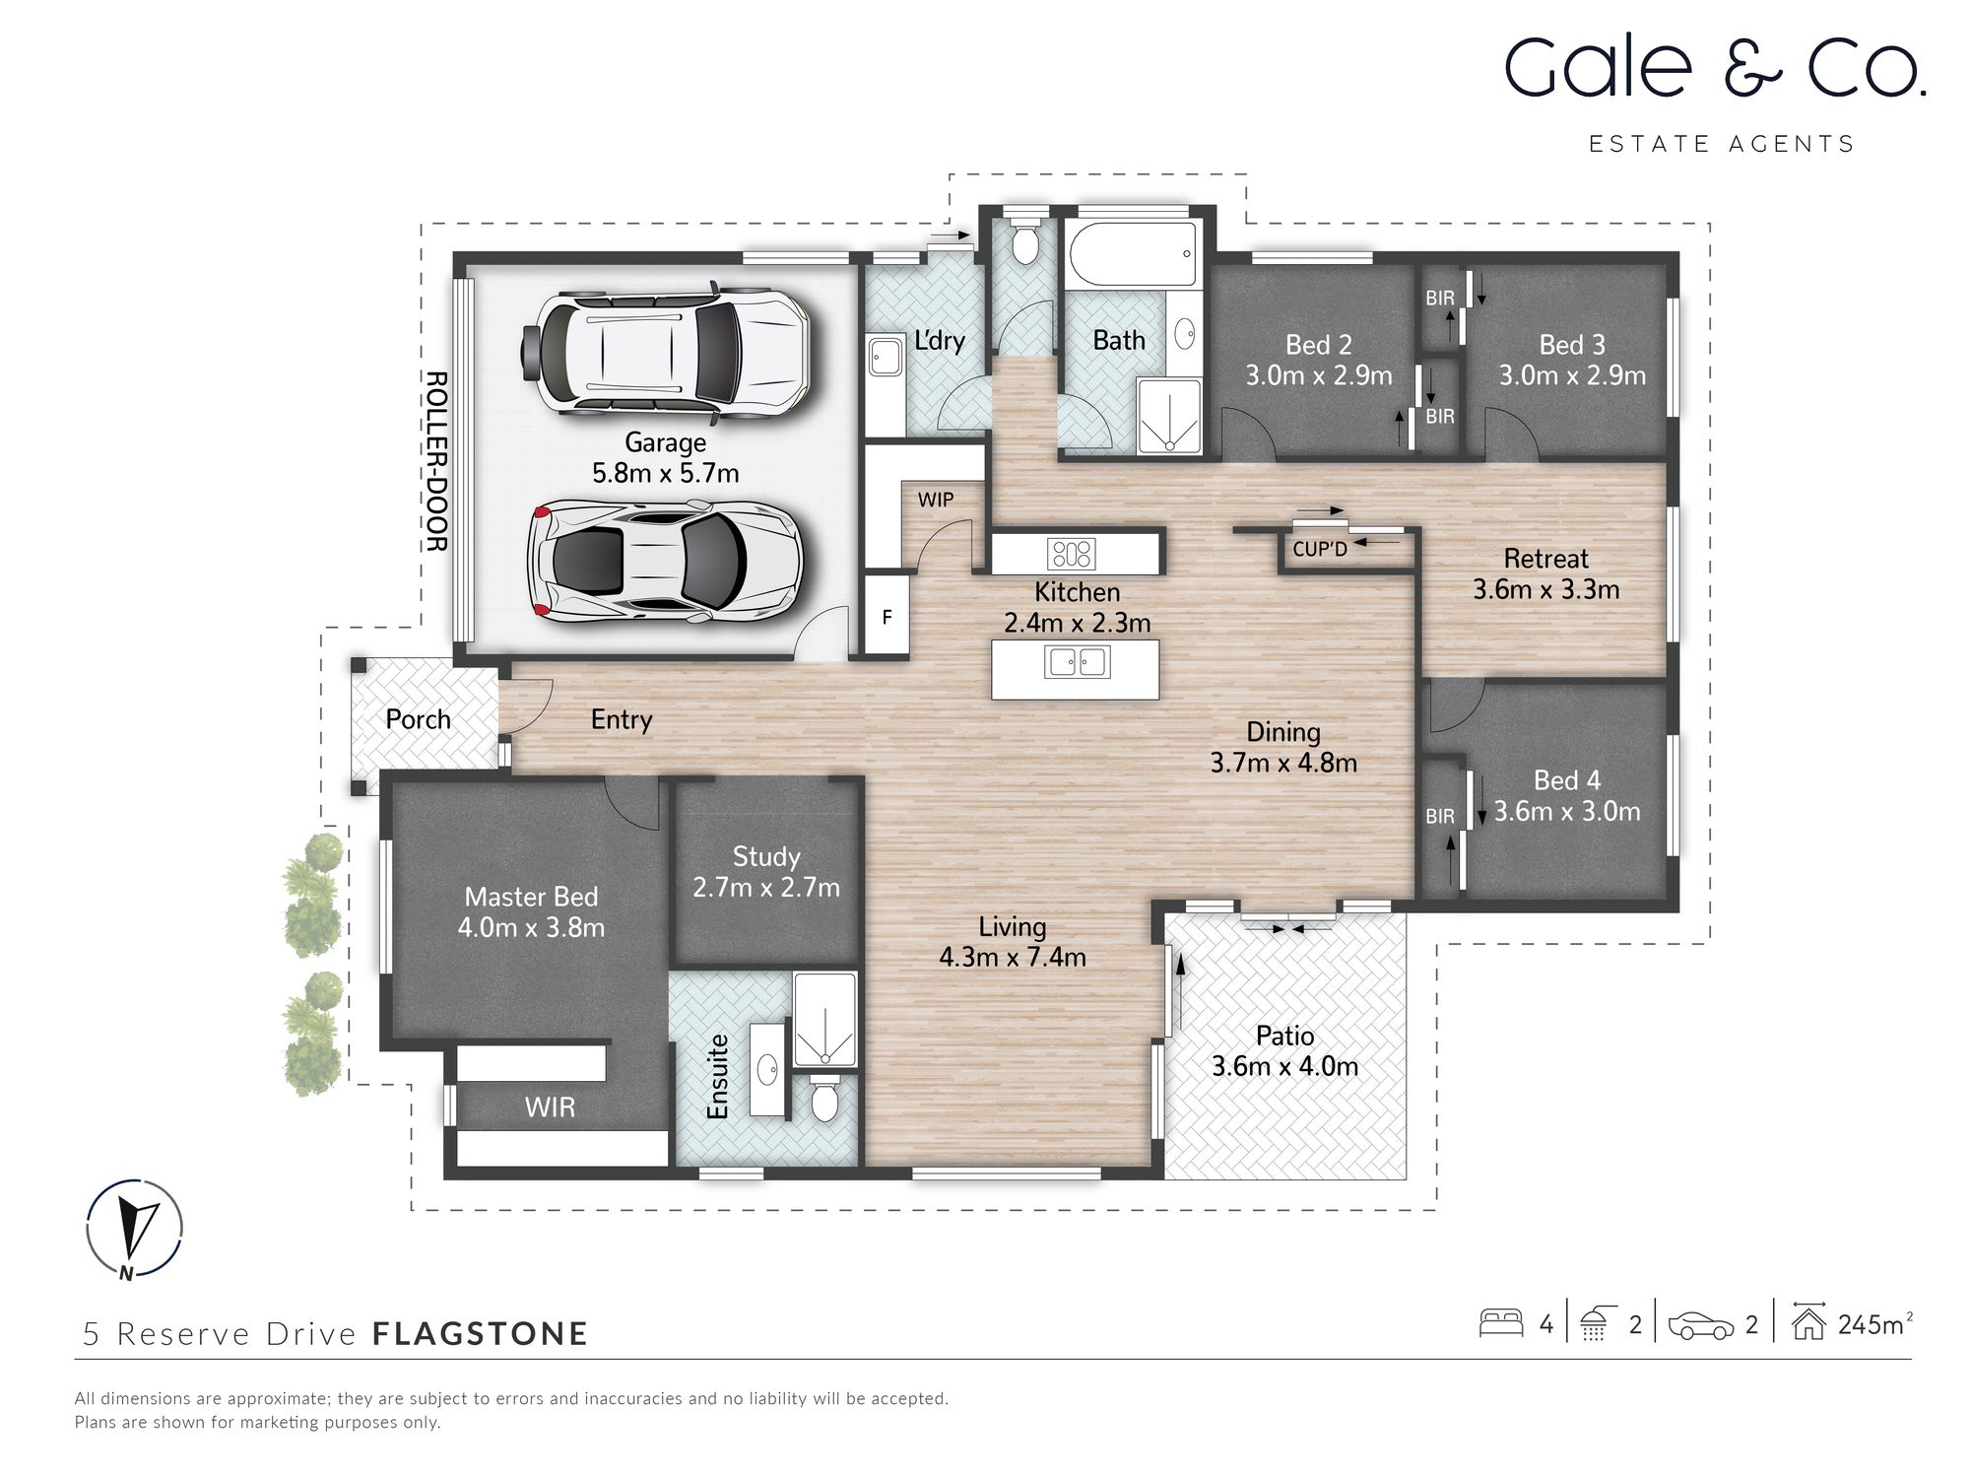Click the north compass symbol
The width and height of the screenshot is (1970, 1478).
134,1229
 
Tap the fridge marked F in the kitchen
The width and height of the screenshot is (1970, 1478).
886,618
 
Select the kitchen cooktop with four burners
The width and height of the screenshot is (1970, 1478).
1071,553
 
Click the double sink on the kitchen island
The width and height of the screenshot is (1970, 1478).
1077,661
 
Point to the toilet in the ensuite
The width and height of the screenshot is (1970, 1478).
823,1097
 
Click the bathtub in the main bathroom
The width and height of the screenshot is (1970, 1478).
1132,255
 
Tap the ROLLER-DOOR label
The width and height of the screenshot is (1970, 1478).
435,461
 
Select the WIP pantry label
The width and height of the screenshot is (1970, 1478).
935,500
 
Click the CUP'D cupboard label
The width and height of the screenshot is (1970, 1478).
1319,549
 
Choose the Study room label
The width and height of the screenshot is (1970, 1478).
766,856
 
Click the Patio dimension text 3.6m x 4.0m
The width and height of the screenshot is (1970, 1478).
1284,1066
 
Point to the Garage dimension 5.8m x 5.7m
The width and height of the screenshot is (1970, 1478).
665,473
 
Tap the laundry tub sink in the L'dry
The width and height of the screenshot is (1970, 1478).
885,356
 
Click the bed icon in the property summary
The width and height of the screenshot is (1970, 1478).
1501,1323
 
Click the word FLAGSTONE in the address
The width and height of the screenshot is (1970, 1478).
480,1334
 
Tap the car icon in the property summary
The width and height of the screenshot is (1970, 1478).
1700,1325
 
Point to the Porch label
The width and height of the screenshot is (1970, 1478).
418,719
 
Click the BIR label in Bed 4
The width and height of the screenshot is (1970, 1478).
1439,816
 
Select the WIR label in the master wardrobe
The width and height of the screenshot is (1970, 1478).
550,1107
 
